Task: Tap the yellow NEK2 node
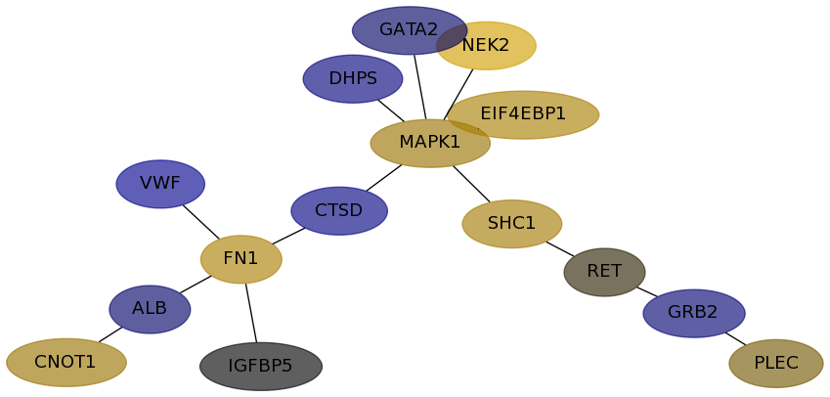[494, 46]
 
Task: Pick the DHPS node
[353, 79]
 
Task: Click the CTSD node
[339, 211]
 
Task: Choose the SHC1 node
[512, 224]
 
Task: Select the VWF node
[160, 184]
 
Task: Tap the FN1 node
[241, 259]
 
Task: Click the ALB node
[150, 309]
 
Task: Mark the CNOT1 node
[66, 363]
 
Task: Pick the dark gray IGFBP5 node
[261, 367]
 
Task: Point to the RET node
[604, 272]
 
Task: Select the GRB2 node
[694, 313]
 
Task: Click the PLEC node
[776, 364]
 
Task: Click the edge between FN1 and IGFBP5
[251, 313]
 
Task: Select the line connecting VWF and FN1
[201, 222]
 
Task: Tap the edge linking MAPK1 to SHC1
[471, 184]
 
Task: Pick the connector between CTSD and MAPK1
[384, 178]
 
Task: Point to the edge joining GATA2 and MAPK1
[419, 87]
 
